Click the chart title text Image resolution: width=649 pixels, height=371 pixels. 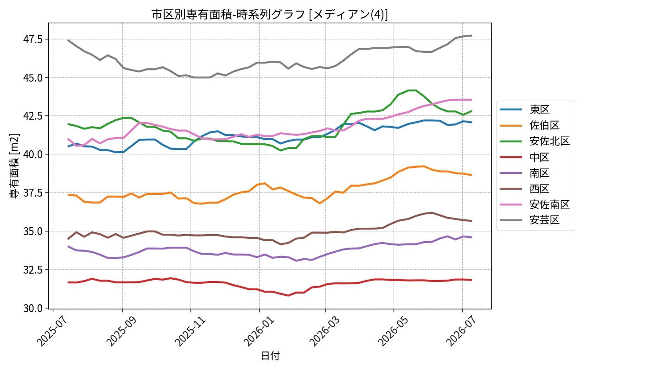pos(269,14)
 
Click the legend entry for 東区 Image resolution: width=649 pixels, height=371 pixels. pos(525,109)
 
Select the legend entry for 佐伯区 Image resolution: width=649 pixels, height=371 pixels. pos(529,126)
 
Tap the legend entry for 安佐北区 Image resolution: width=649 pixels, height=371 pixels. pos(535,141)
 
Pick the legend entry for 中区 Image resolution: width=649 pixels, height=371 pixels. pos(525,157)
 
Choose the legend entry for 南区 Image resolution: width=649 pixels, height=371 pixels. pos(525,173)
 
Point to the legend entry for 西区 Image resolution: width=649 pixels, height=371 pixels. pos(525,189)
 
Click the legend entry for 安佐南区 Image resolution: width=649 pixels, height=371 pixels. pos(535,205)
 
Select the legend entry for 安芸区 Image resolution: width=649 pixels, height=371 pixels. pos(529,220)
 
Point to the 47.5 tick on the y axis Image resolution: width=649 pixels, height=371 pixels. pos(33,39)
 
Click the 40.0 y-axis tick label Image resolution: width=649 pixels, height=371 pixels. pos(33,154)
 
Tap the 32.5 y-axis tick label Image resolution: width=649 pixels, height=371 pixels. pos(33,269)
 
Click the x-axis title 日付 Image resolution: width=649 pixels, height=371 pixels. pos(270,356)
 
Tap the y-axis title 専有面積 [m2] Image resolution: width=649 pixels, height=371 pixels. pos(14,166)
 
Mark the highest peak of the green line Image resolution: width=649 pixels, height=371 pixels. pos(412,90)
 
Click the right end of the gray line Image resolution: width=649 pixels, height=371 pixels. pos(472,36)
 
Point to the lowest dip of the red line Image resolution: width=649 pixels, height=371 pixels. pos(288,295)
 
